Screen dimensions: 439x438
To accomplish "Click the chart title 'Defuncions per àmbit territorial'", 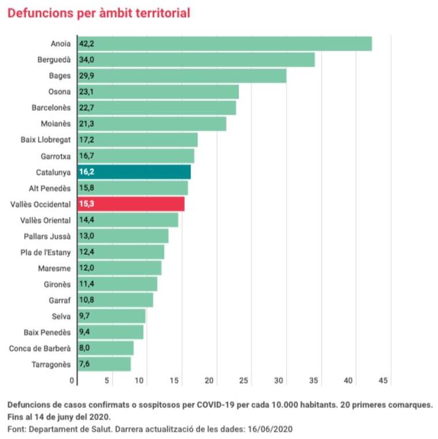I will (x=99, y=13).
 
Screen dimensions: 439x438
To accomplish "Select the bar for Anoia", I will (x=224, y=44).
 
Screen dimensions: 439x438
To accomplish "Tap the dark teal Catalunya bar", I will (x=134, y=172).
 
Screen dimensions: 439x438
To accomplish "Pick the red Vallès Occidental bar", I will (x=131, y=204).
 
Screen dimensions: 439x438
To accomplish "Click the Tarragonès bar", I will (x=104, y=364).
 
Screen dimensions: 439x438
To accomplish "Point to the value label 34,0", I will (x=87, y=60).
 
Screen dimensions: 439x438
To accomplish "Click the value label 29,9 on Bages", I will (x=87, y=76).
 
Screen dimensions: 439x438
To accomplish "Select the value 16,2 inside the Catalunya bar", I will (x=87, y=172).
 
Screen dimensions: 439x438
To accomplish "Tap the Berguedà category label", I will (x=54, y=60).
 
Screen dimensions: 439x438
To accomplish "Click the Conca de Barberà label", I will (x=40, y=348).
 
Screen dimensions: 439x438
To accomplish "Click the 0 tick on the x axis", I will (x=73, y=381).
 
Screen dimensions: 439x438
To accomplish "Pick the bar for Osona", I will (x=158, y=92).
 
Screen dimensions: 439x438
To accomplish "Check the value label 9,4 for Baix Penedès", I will (x=86, y=332).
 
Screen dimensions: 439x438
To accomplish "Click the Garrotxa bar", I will (x=135, y=156).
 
